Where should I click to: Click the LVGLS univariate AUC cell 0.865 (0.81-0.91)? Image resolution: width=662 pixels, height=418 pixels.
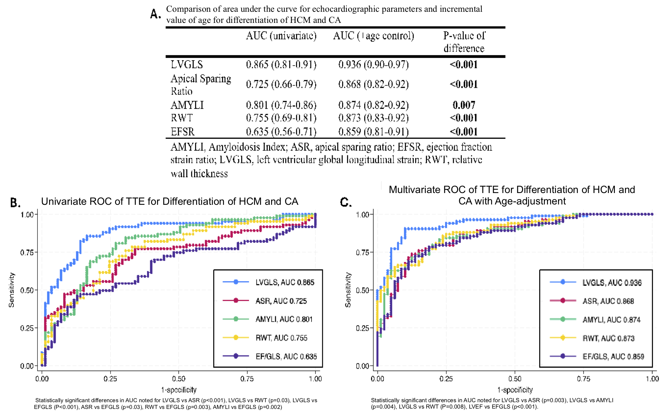281,64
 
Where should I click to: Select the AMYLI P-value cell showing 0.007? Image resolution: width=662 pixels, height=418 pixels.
464,105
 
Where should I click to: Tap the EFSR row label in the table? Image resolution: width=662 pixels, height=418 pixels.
182,131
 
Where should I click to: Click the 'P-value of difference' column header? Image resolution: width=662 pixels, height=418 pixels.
464,42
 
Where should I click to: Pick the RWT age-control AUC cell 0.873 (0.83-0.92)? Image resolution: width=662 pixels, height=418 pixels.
373,118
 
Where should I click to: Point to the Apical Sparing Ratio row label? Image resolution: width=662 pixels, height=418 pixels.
200,84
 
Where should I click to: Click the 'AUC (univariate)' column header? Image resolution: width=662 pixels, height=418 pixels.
281,36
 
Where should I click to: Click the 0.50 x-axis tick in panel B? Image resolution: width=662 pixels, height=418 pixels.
179,379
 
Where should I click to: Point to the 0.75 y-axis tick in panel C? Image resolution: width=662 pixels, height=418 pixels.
363,252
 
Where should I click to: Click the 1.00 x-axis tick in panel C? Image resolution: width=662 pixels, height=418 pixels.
652,379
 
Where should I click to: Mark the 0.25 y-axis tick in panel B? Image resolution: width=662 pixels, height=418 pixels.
27,328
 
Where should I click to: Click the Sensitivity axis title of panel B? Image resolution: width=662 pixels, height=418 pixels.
11,290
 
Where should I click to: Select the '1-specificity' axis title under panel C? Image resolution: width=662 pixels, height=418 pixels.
515,390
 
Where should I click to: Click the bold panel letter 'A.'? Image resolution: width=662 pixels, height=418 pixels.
155,14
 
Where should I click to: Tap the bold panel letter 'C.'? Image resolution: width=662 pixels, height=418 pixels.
346,202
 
